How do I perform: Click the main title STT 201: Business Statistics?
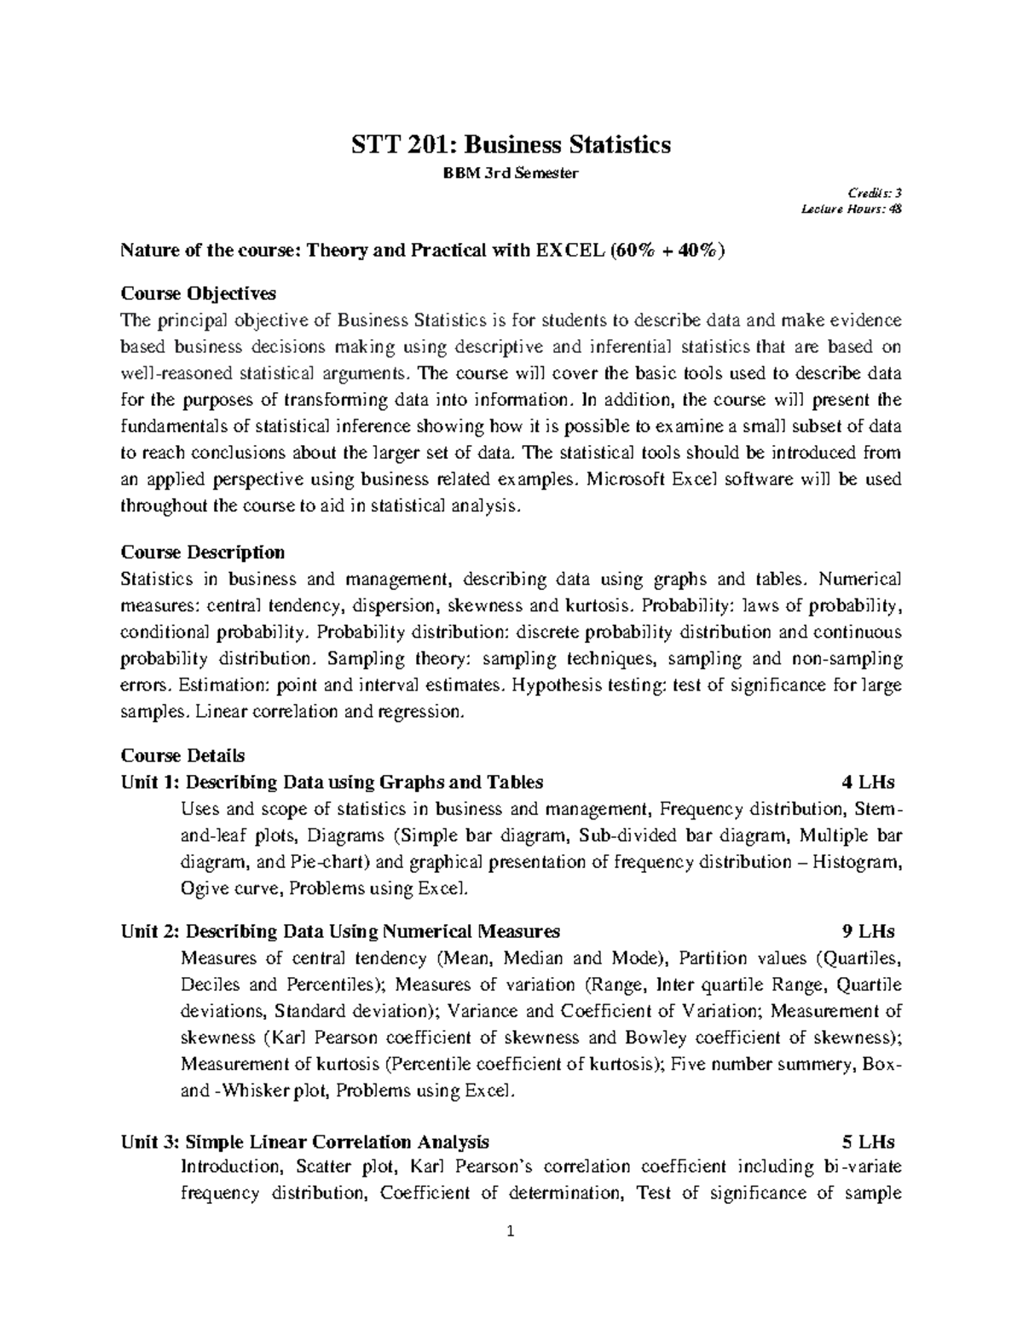point(511,145)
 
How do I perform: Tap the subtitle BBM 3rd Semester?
point(510,174)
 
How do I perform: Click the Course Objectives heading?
point(199,293)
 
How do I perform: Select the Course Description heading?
point(203,552)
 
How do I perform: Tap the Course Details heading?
point(182,755)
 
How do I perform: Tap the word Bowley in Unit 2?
point(655,1038)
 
